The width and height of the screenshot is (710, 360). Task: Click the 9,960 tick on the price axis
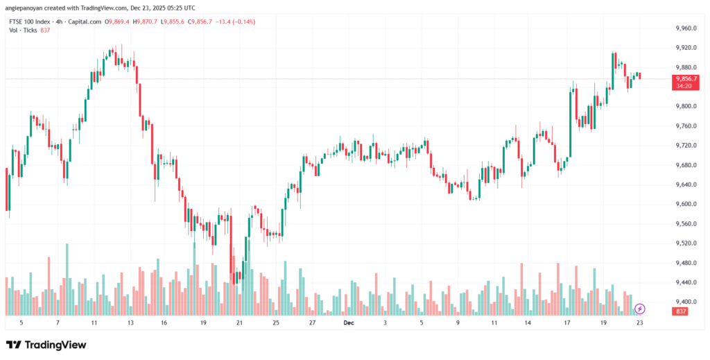tap(685, 28)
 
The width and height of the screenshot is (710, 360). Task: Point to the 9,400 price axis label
tap(685, 302)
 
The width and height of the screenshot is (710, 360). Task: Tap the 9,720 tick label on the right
tap(685, 146)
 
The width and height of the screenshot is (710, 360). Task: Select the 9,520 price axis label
tap(685, 243)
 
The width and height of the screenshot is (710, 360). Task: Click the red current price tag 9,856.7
tap(686, 79)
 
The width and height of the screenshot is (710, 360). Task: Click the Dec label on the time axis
tap(349, 323)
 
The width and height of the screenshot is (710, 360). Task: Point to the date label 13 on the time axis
tap(131, 323)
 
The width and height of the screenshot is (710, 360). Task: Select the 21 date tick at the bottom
tap(239, 323)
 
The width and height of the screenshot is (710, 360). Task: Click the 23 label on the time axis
tap(639, 323)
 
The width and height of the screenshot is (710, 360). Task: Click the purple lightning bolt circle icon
tap(640, 308)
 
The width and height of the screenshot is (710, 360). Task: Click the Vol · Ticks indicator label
tap(23, 30)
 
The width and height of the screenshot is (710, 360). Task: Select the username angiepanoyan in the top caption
tap(31, 8)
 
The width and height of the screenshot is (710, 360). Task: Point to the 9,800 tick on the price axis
tap(685, 107)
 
